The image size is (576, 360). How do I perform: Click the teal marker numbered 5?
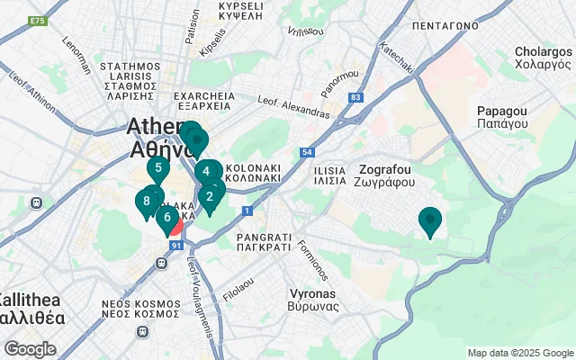(x=158, y=167)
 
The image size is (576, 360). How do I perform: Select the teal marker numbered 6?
(x=166, y=217)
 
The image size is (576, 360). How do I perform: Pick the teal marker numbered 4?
(x=206, y=172)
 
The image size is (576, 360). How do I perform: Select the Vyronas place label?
(x=313, y=300)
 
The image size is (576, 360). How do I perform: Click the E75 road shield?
(x=37, y=21)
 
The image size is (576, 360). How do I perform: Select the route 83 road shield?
(x=356, y=96)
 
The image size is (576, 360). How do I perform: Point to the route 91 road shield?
(x=176, y=245)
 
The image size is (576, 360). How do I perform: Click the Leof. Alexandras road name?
(x=293, y=106)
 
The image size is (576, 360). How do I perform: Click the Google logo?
(x=30, y=348)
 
